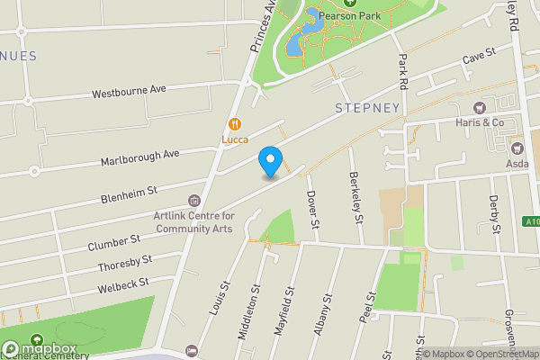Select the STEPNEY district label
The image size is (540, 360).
[x=366, y=108]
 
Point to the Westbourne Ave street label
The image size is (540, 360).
[x=130, y=92]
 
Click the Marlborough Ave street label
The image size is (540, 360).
[x=139, y=158]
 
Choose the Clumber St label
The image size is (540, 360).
[x=114, y=242]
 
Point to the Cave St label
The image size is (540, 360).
[x=480, y=57]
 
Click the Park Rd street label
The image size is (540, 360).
[x=403, y=74]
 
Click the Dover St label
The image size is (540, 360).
[x=312, y=209]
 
